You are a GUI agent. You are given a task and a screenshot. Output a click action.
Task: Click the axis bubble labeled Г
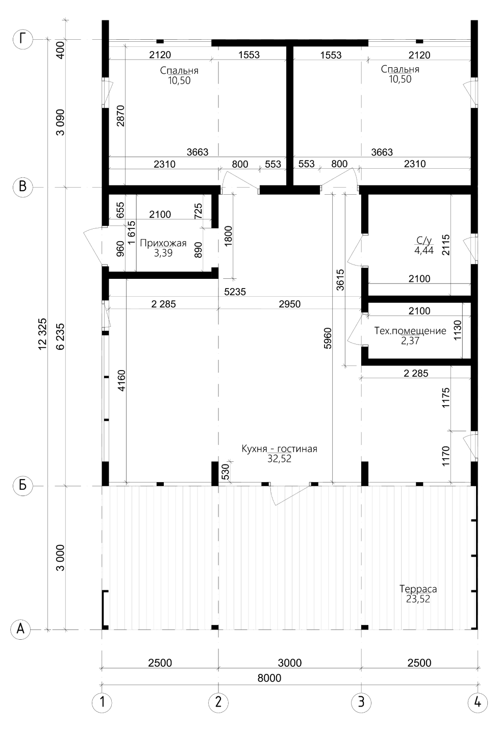[22, 39]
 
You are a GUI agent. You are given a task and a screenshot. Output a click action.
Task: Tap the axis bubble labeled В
[22, 187]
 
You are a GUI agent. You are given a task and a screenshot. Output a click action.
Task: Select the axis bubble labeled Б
[22, 485]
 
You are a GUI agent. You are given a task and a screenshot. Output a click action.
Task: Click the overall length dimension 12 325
[42, 334]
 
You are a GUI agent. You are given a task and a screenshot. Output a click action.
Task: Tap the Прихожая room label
[163, 243]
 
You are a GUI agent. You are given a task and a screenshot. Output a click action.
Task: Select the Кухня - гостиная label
[280, 449]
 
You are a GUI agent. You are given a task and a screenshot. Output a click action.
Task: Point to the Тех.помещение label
[410, 331]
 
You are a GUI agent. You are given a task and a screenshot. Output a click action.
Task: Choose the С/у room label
[424, 241]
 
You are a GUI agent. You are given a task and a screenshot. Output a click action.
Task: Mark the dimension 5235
[235, 292]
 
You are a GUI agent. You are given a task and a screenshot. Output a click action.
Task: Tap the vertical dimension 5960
[327, 338]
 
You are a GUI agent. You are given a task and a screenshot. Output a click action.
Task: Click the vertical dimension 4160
[121, 380]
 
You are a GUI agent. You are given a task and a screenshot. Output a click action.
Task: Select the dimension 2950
[290, 304]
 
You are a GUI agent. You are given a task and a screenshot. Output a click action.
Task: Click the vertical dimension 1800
[229, 236]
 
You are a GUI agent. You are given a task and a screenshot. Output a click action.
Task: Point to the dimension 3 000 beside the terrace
[60, 558]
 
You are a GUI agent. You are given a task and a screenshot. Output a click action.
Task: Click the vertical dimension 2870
[120, 116]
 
